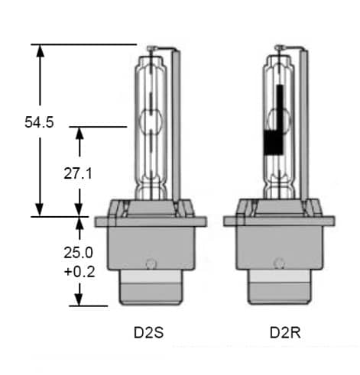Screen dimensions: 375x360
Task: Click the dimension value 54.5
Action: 39,122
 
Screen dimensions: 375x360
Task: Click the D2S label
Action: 149,334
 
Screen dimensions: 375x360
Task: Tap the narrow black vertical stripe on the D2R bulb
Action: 279,107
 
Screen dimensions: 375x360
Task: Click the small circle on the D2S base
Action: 151,265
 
